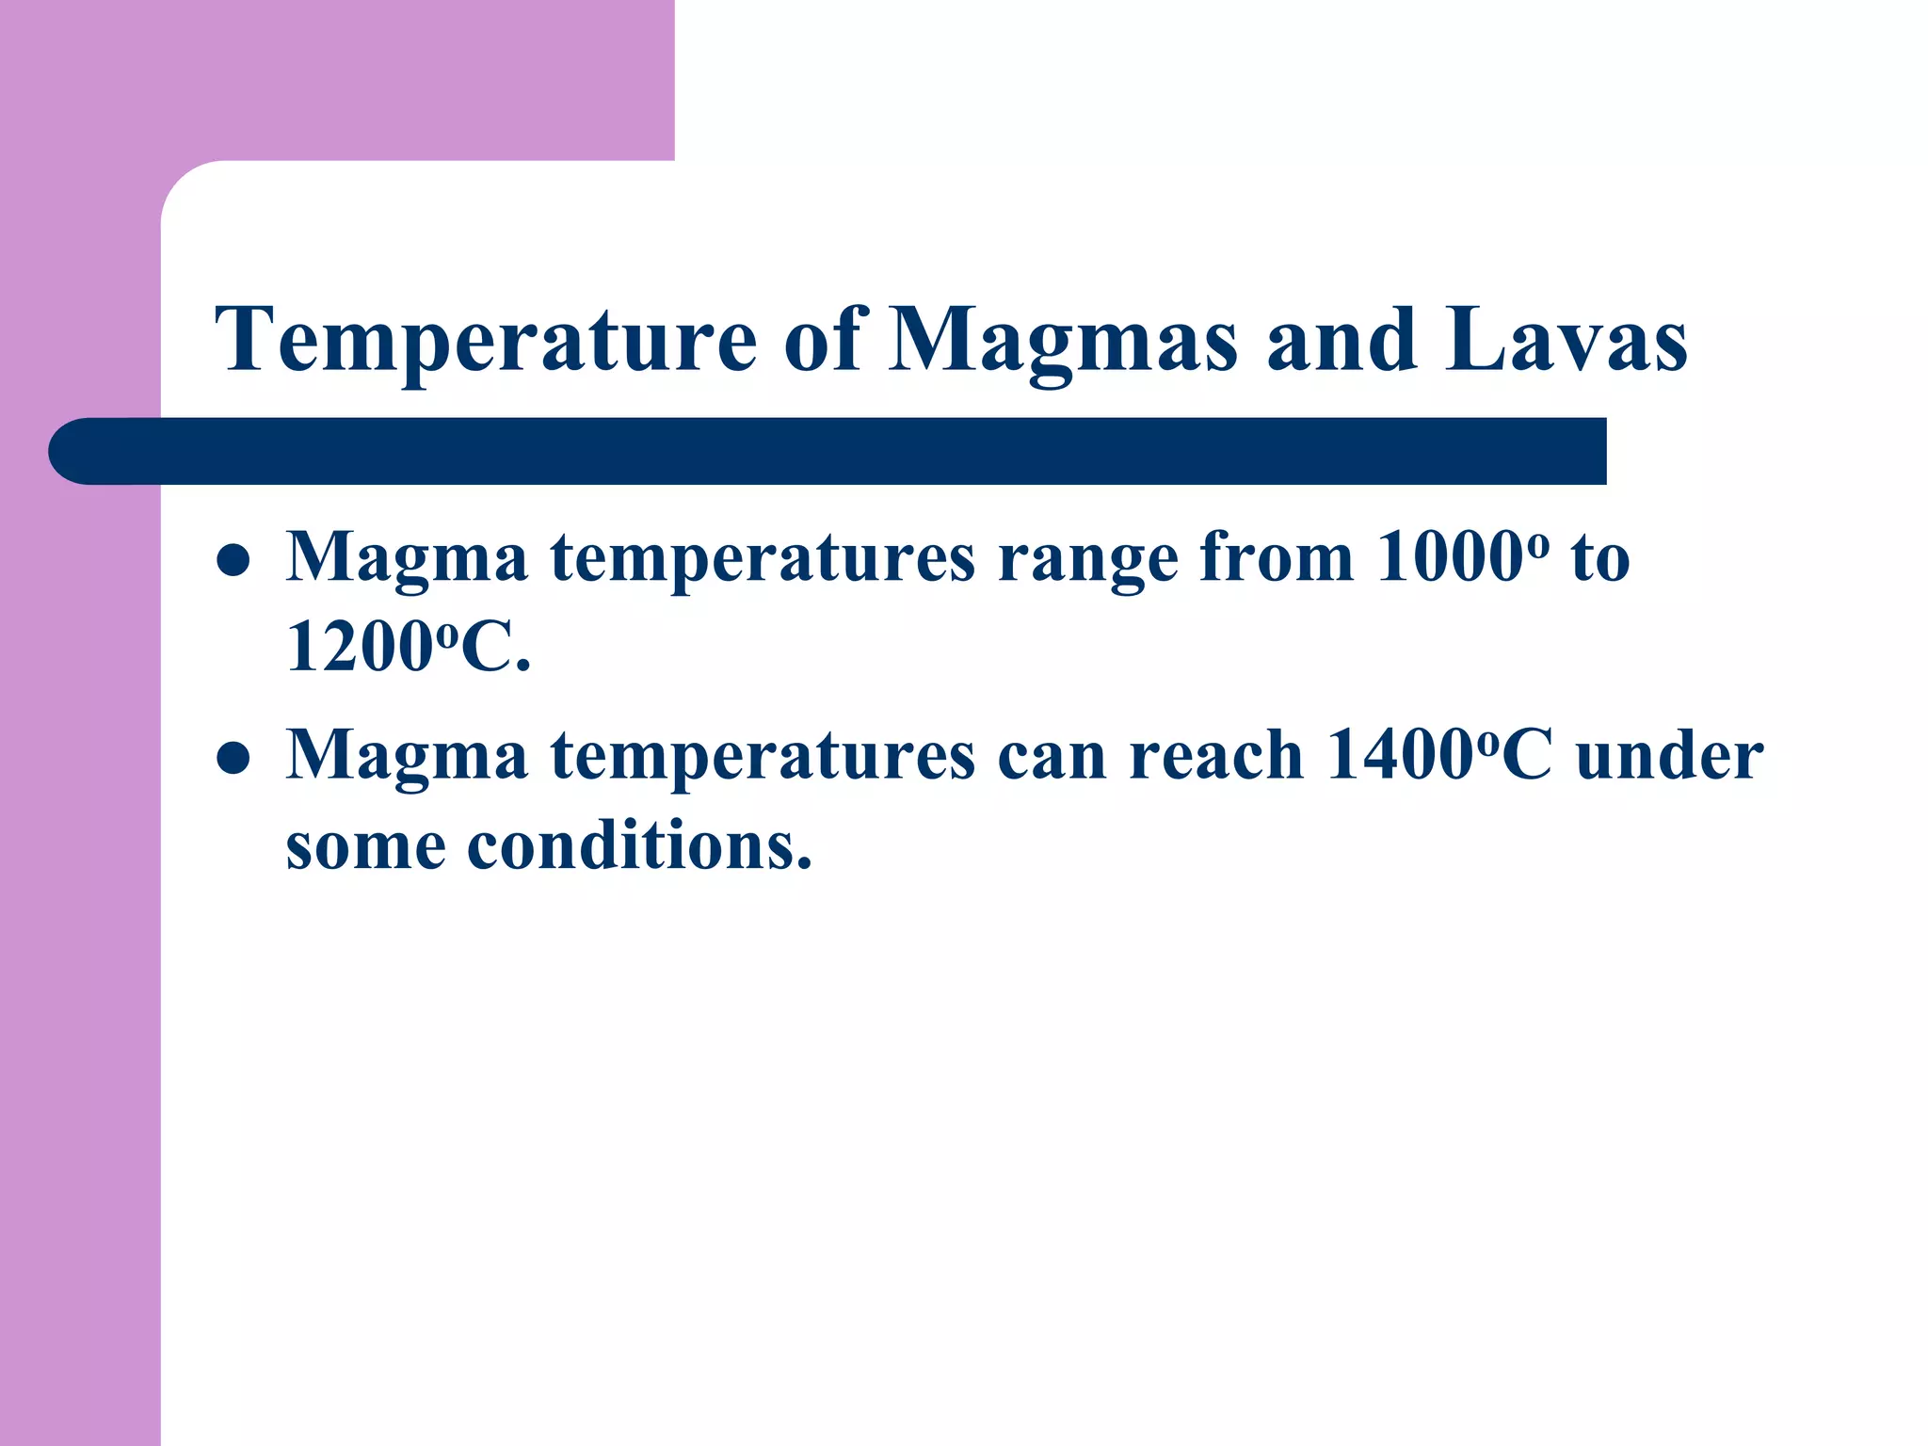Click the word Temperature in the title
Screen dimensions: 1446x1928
pos(486,341)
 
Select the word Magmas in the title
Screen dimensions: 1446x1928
pos(1062,341)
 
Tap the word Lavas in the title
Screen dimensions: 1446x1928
pos(1566,341)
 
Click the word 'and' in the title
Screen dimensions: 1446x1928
pos(1342,341)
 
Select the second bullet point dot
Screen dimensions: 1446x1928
pos(233,758)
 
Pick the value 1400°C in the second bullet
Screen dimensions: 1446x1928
pos(1438,756)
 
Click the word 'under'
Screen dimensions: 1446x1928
pos(1669,756)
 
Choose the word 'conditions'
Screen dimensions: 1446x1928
pos(638,845)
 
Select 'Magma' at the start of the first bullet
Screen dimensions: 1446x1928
pos(407,559)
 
